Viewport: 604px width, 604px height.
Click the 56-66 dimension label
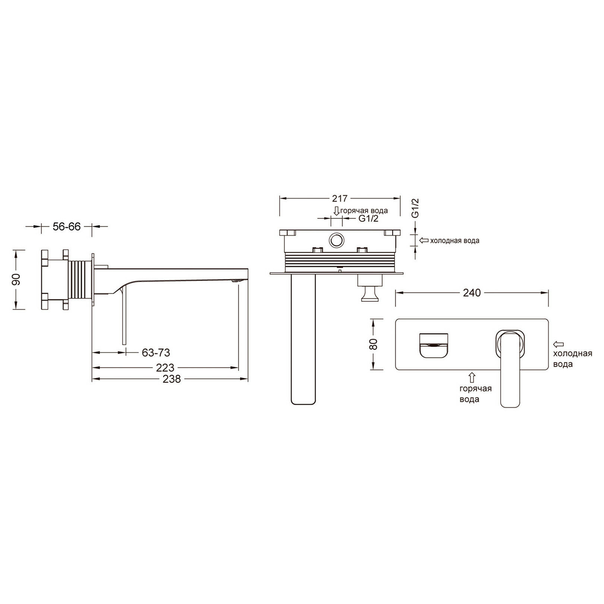click(x=66, y=226)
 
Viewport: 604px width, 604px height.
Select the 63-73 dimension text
click(x=156, y=352)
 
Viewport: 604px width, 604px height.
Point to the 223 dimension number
click(x=165, y=368)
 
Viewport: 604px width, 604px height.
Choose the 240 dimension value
click(x=472, y=293)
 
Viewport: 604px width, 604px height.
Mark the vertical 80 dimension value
click(x=375, y=343)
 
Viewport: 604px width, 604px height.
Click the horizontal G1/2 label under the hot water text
click(x=368, y=219)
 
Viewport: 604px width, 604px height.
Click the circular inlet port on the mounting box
click(x=337, y=241)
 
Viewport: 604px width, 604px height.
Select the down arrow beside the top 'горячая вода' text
click(x=336, y=211)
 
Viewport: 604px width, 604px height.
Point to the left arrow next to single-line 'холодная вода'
click(x=424, y=240)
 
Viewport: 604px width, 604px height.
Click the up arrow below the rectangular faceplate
click(x=472, y=377)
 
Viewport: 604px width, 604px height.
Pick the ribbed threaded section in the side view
click(x=79, y=280)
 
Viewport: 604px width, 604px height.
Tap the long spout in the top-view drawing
click(x=302, y=339)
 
